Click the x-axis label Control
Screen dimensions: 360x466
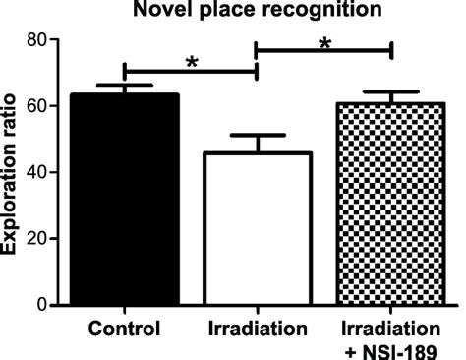(124, 327)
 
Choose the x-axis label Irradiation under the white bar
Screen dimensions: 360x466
(257, 327)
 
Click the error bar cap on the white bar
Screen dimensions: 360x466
(257, 135)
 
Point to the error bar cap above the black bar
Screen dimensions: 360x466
(124, 86)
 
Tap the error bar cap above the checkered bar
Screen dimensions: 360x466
(391, 92)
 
